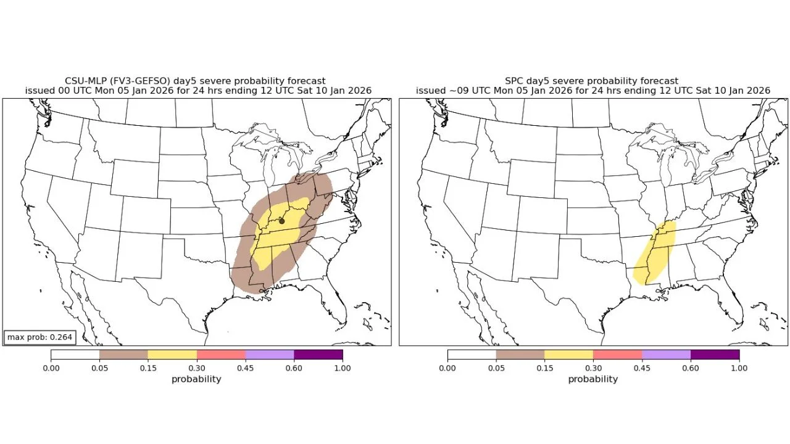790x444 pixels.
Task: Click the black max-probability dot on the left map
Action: (282, 221)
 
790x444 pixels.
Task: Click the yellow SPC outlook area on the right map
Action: (656, 253)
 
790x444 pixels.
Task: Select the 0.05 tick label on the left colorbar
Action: (99, 368)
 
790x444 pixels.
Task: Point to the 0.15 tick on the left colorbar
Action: (148, 368)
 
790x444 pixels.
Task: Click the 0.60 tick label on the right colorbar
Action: (691, 368)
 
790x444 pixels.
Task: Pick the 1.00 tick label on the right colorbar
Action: (739, 368)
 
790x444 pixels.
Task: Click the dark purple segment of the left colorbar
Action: (318, 355)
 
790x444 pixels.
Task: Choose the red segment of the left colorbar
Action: (221, 355)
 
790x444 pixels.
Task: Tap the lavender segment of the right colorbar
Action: (666, 355)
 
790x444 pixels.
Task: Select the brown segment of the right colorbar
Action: (520, 355)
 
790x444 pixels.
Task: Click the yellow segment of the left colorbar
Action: (172, 355)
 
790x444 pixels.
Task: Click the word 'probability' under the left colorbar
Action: (196, 379)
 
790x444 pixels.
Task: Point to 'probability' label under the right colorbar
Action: (593, 379)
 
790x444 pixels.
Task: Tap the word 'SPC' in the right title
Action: (514, 81)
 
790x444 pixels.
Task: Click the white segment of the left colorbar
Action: (75, 355)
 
